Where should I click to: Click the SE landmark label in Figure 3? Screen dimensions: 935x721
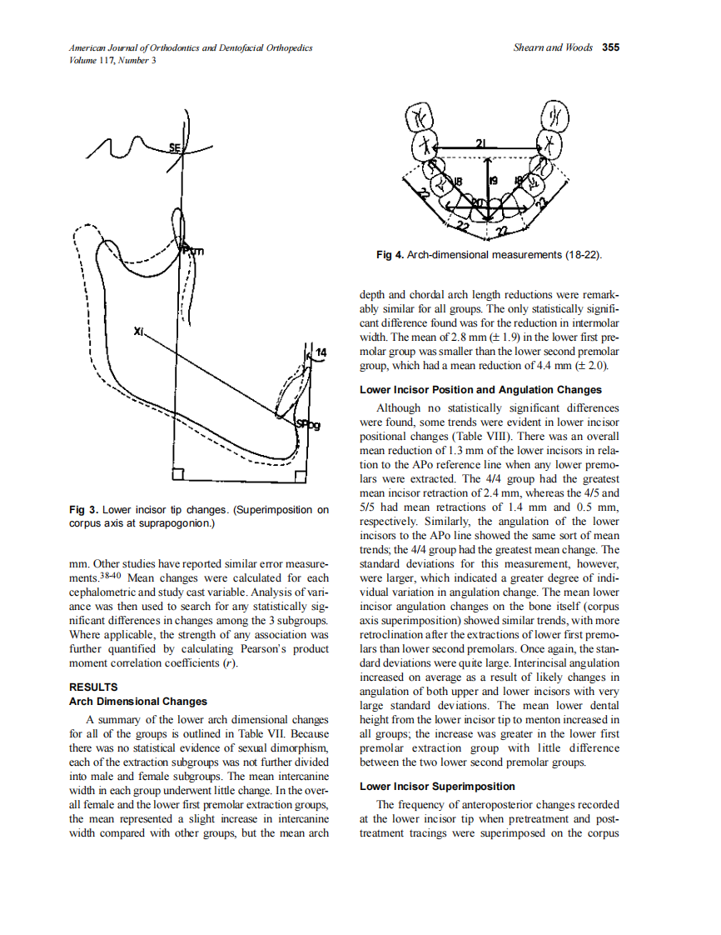(176, 147)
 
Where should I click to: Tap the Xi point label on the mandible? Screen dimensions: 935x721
(138, 332)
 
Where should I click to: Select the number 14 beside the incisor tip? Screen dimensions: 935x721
(321, 354)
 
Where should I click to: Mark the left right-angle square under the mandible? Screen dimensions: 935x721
(177, 475)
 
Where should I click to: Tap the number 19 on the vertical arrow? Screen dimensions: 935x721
(493, 180)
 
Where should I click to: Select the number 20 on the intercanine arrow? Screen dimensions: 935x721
(477, 202)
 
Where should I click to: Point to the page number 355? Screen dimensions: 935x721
(610, 48)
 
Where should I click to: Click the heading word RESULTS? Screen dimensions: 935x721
(92, 687)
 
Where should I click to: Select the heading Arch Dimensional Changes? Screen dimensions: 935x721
(137, 702)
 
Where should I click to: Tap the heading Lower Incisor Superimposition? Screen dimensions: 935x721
(437, 787)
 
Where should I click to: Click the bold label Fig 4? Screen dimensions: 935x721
(390, 254)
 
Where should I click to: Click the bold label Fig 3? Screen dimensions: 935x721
(83, 509)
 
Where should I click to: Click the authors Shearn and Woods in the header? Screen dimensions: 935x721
(554, 48)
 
